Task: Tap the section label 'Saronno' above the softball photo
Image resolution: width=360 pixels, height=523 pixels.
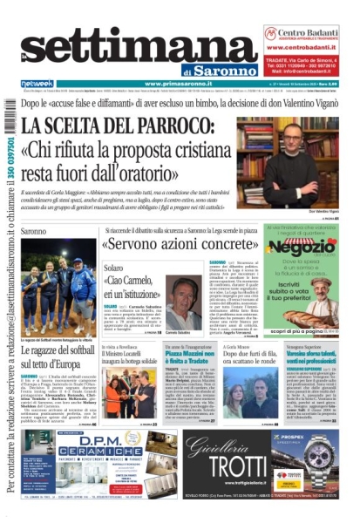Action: pyautogui.click(x=34, y=231)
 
